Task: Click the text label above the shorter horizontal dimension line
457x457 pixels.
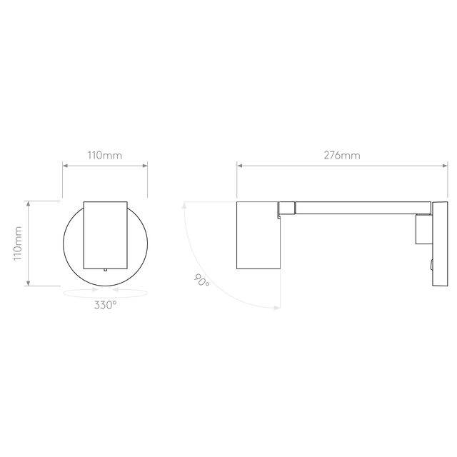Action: [105, 155]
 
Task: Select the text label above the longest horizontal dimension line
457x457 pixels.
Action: [341, 155]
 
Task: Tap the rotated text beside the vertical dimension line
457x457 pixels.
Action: [19, 243]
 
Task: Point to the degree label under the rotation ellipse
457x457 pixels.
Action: [105, 305]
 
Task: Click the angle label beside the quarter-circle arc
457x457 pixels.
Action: [201, 279]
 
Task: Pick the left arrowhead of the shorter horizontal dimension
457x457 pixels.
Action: [66, 166]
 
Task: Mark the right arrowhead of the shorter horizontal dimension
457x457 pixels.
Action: [145, 166]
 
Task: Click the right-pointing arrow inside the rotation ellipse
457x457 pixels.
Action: [93, 290]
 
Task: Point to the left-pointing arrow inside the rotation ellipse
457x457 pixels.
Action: [118, 290]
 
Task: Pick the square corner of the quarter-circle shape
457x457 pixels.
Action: [281, 203]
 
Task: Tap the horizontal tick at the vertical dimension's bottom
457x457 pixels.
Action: [44, 286]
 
